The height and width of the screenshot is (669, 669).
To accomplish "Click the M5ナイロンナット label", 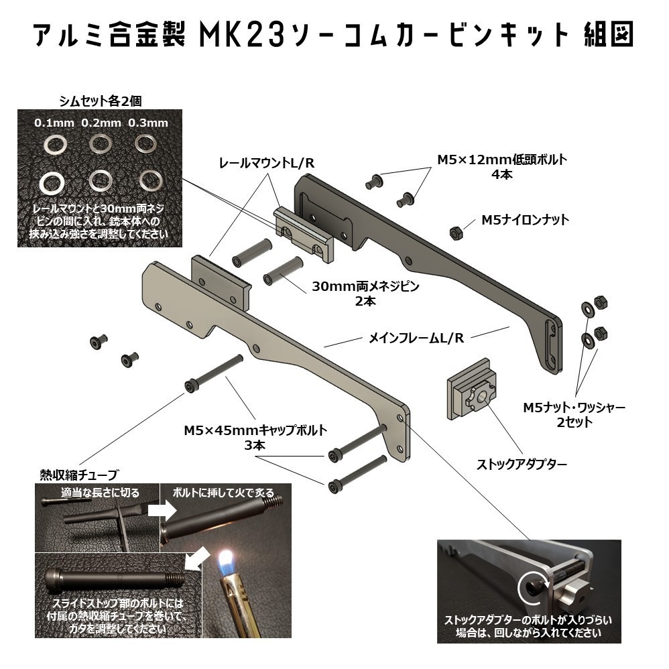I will [x=525, y=219].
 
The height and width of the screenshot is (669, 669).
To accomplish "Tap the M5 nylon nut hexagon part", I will [x=454, y=233].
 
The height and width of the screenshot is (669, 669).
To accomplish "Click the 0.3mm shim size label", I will [x=147, y=123].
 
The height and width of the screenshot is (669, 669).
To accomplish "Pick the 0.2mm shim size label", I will [x=101, y=123].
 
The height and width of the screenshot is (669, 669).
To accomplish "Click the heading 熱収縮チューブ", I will [x=78, y=475].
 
